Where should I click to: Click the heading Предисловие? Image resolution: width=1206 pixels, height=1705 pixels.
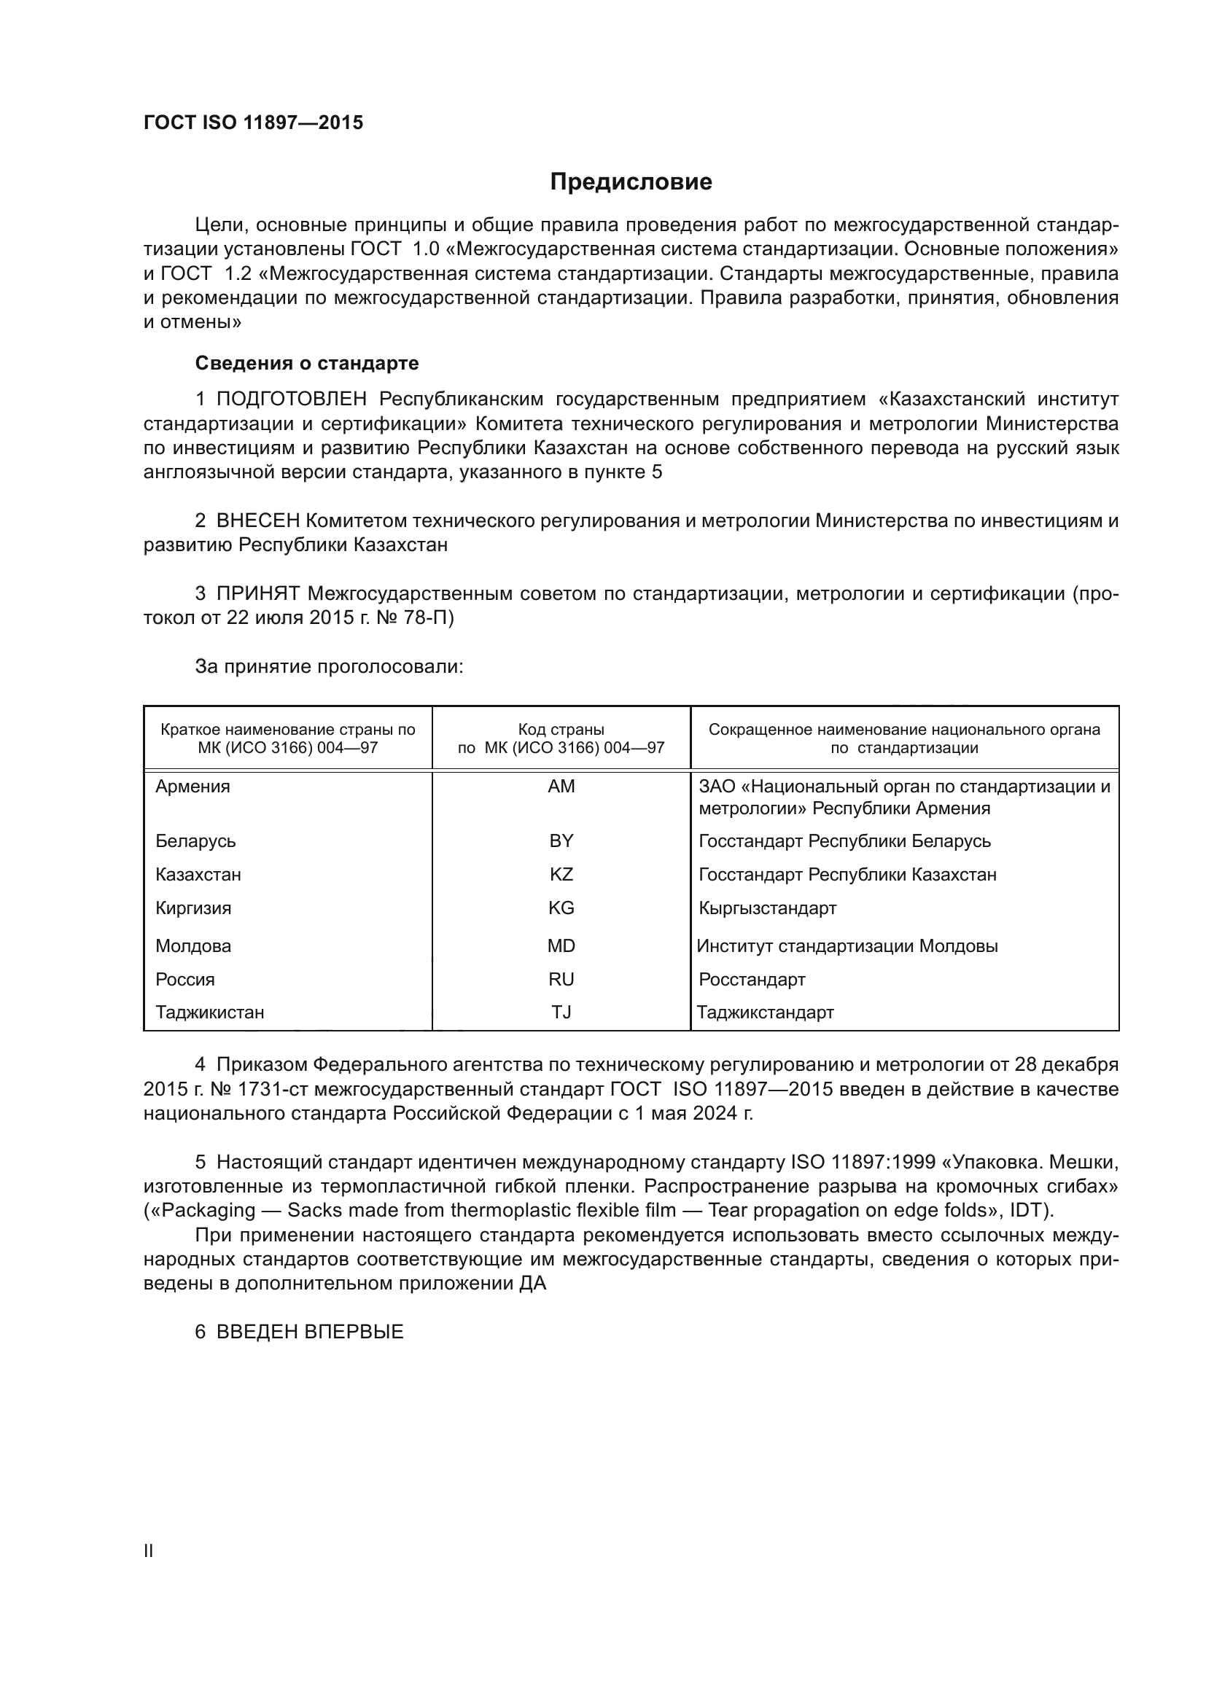pyautogui.click(x=631, y=182)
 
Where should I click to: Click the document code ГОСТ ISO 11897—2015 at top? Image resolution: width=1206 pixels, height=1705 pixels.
pyautogui.click(x=253, y=122)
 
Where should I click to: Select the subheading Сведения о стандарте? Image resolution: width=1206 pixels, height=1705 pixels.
pyautogui.click(x=307, y=363)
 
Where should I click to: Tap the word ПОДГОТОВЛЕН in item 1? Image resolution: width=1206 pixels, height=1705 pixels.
pyautogui.click(x=291, y=399)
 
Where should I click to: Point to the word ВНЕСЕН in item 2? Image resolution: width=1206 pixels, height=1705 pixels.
pyautogui.click(x=258, y=520)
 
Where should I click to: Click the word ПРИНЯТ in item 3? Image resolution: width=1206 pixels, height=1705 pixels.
pyautogui.click(x=258, y=593)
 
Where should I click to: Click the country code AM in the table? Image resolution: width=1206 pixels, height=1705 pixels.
pyautogui.click(x=561, y=787)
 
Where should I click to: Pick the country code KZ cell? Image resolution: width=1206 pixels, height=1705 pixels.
pyautogui.click(x=561, y=875)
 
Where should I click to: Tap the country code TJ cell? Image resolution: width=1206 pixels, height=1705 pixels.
pyautogui.click(x=561, y=1013)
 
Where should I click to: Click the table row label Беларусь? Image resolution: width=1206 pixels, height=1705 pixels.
pyautogui.click(x=195, y=841)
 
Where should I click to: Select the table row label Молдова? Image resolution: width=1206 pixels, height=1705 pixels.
pyautogui.click(x=193, y=946)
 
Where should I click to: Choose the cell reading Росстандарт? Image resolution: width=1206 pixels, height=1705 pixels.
pyautogui.click(x=752, y=980)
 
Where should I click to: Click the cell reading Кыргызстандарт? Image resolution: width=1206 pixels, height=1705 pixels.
pyautogui.click(x=767, y=908)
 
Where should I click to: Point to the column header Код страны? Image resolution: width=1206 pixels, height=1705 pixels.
pyautogui.click(x=561, y=729)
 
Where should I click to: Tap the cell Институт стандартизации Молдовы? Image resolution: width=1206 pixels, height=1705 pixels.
pyautogui.click(x=847, y=946)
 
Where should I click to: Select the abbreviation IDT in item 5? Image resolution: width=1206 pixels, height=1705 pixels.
pyautogui.click(x=1028, y=1211)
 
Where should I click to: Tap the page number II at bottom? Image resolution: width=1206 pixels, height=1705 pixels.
pyautogui.click(x=149, y=1550)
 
